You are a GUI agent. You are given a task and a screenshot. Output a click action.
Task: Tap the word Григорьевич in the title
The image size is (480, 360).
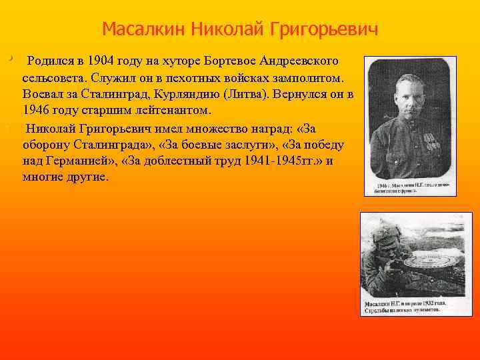pos(324,30)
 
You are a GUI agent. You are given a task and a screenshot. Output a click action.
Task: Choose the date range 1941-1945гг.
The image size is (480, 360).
pos(279,161)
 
